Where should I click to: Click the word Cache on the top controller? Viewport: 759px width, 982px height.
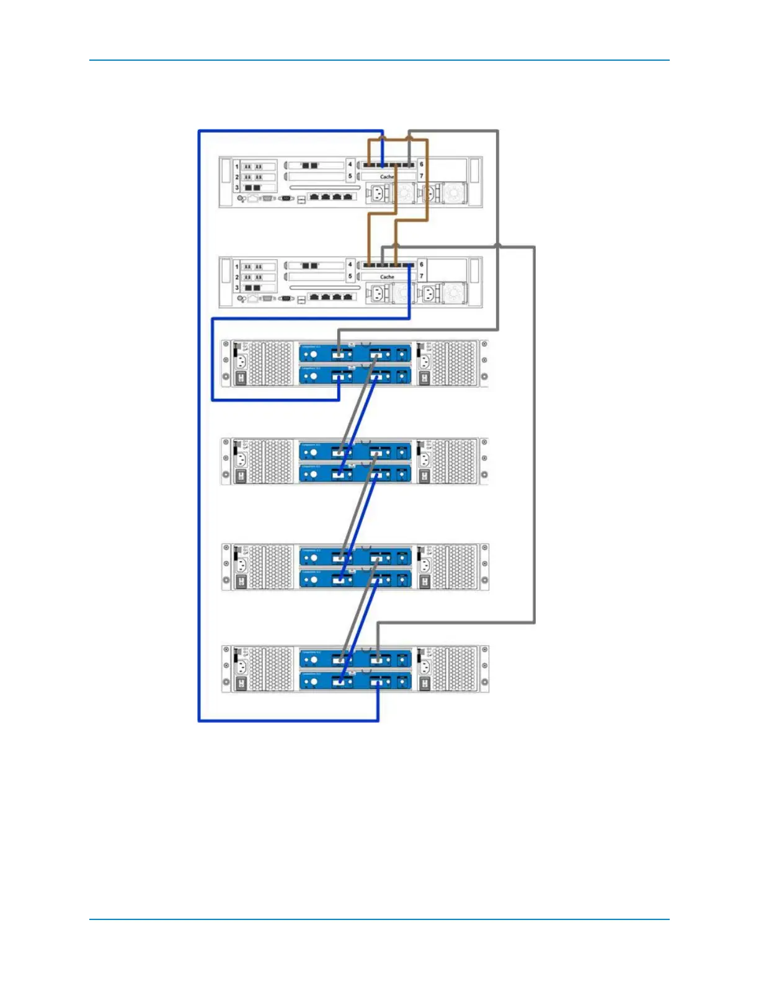(x=387, y=177)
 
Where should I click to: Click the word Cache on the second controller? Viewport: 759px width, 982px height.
(x=387, y=277)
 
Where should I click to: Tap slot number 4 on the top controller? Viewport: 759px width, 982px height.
(x=350, y=164)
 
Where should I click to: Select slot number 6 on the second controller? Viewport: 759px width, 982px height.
(x=422, y=265)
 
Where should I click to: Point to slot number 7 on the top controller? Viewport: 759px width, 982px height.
(x=422, y=176)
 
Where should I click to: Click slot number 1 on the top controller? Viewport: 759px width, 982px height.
(x=237, y=166)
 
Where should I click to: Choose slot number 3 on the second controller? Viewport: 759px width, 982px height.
(x=237, y=288)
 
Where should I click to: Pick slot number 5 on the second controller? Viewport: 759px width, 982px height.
(x=350, y=276)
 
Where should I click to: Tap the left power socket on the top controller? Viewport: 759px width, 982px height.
(x=376, y=194)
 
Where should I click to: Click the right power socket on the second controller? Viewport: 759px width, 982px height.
(x=429, y=294)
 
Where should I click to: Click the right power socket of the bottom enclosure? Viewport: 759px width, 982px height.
(x=425, y=666)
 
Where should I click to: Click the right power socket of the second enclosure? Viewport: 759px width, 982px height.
(x=425, y=459)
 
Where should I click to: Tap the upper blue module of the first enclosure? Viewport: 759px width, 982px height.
(x=355, y=353)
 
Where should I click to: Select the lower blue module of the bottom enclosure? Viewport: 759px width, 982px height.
(x=355, y=681)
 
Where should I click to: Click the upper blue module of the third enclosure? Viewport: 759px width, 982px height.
(x=355, y=557)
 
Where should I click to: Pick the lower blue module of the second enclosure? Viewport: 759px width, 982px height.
(x=355, y=474)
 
